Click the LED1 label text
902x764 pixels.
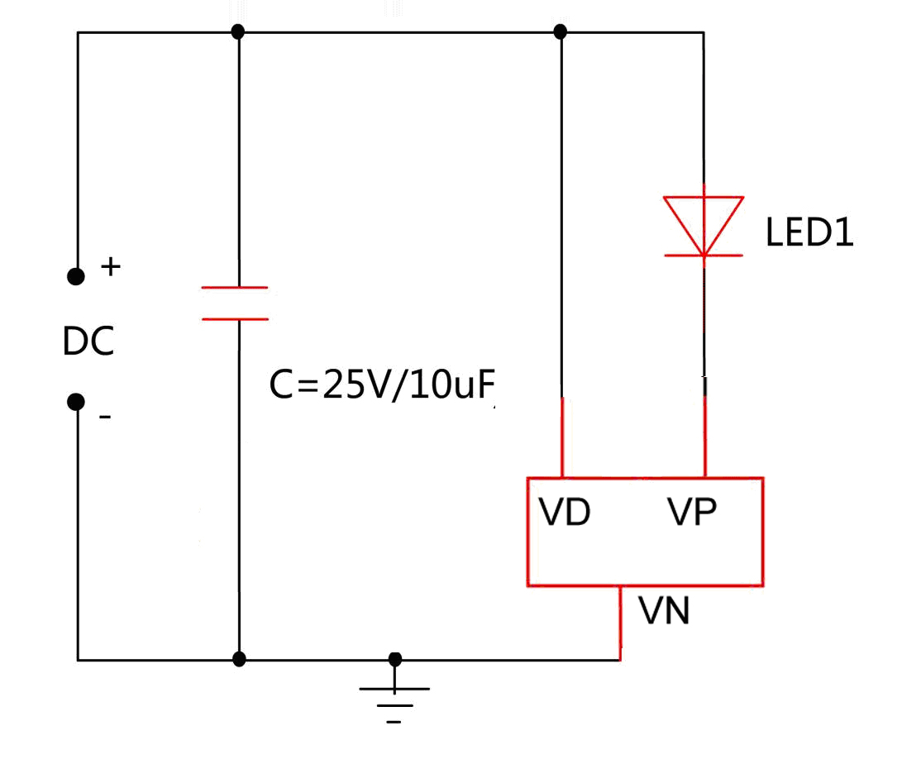pos(809,233)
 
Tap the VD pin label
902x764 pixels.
pos(566,513)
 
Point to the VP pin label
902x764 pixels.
pos(692,513)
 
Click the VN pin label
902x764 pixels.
pos(665,613)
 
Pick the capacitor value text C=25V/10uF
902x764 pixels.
pos(386,385)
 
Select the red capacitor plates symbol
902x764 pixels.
pos(236,303)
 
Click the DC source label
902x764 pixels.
pos(88,341)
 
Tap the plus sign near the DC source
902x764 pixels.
pos(110,266)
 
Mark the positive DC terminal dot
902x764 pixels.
pos(76,276)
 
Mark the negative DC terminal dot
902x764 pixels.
pos(76,402)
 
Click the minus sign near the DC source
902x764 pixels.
pos(105,417)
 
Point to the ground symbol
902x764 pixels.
pos(394,699)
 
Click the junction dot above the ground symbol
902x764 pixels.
pos(395,658)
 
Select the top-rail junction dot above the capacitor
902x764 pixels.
pos(238,32)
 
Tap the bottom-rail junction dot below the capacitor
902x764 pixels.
pos(239,659)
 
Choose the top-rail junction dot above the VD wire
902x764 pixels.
pos(561,32)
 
